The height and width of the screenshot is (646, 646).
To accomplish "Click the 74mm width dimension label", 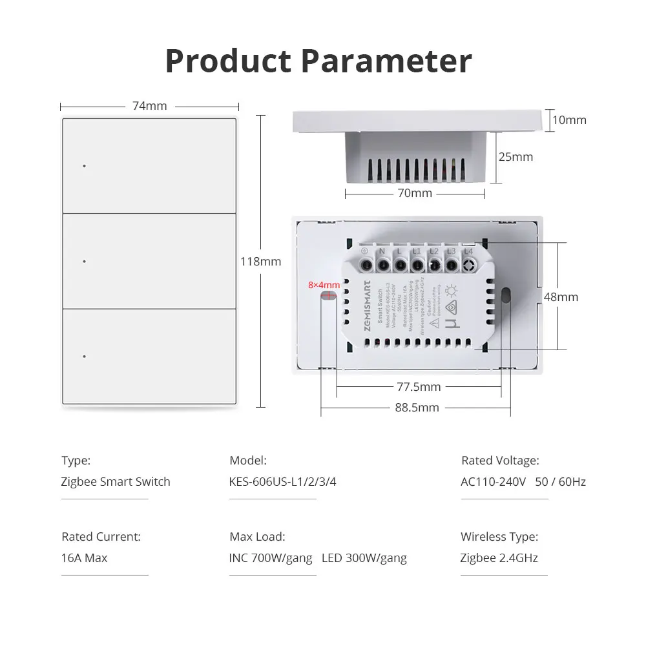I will tap(150, 106).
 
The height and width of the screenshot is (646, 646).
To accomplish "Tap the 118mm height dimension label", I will tap(260, 262).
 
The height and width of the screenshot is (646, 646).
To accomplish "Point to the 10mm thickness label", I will tap(569, 120).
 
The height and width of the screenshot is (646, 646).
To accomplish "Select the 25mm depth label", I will tap(516, 156).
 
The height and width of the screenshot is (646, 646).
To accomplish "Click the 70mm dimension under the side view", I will tap(415, 193).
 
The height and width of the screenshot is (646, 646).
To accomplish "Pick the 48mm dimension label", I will tap(561, 297).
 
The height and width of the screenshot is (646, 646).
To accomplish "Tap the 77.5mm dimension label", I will tap(419, 387).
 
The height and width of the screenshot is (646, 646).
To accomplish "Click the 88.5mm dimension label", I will tap(417, 408).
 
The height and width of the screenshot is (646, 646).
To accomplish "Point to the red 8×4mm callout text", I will tap(324, 285).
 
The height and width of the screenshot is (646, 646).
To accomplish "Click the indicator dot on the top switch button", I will tap(85, 166).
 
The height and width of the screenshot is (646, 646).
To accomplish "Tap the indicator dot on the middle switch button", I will tap(85, 261).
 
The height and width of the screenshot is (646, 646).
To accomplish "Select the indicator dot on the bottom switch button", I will tap(85, 356).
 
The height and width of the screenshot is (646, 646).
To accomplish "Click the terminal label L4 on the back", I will tap(468, 251).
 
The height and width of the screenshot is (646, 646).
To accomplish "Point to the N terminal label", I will tap(382, 251).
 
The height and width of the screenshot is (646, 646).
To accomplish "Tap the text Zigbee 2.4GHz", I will tap(499, 558).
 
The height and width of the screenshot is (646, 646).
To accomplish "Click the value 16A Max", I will tap(85, 558).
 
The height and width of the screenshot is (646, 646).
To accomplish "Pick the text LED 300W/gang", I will tap(364, 558).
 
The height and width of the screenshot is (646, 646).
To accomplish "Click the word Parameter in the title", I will tap(387, 61).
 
